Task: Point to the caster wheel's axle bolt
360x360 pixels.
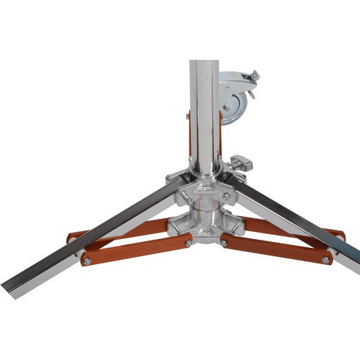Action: pyautogui.click(x=228, y=107)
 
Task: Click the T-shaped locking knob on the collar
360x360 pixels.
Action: pyautogui.click(x=240, y=162)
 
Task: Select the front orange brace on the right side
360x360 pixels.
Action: pyautogui.click(x=277, y=247)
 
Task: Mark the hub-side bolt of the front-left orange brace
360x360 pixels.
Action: pyautogui.click(x=189, y=243)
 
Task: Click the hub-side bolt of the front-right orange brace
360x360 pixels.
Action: pyautogui.click(x=223, y=243)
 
